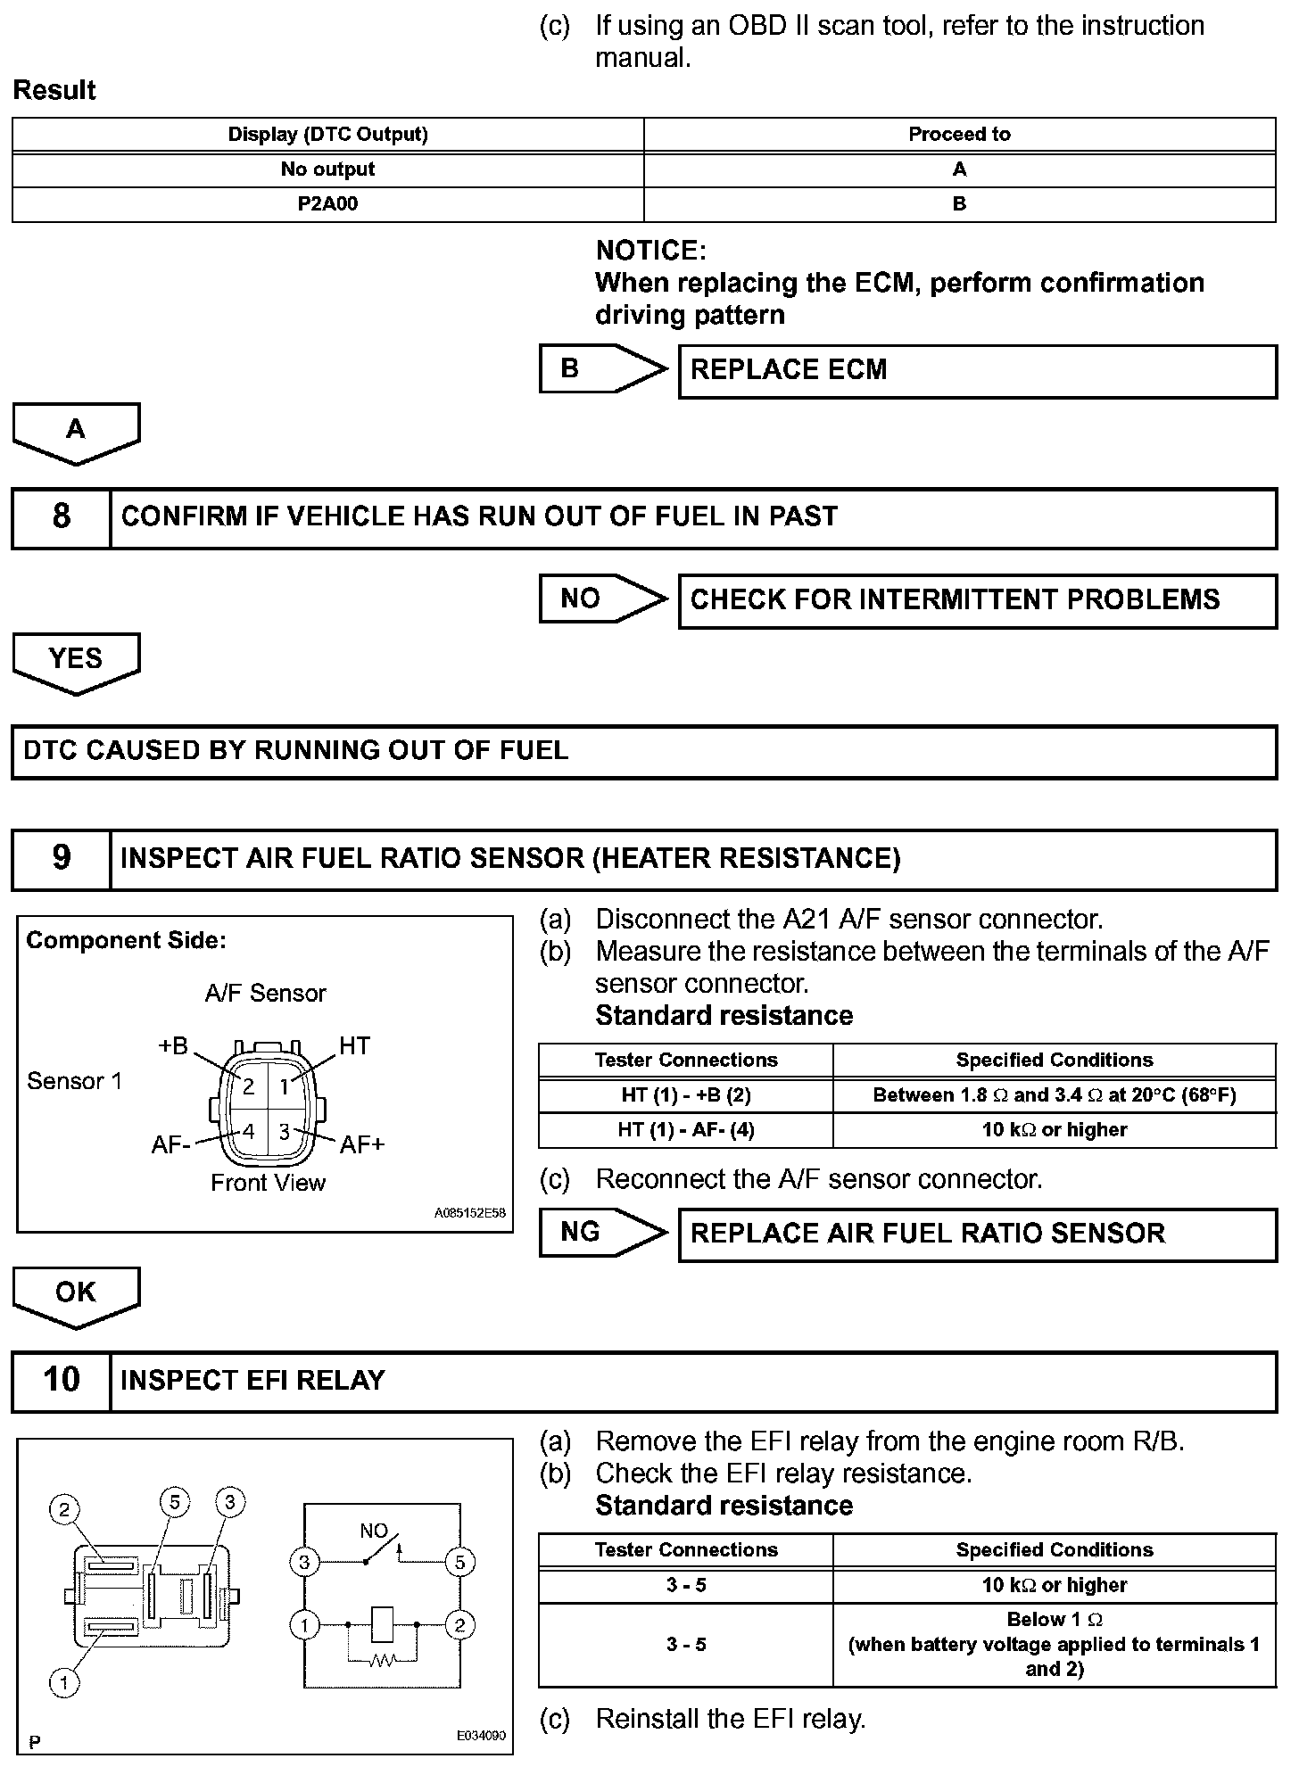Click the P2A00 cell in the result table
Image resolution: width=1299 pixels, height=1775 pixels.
coord(327,204)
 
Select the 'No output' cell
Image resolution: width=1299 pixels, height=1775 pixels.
coord(327,169)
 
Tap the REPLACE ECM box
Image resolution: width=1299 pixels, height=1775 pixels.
coord(977,370)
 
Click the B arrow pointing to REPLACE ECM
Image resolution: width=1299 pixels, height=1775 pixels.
coord(602,368)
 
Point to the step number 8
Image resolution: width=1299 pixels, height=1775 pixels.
coord(61,516)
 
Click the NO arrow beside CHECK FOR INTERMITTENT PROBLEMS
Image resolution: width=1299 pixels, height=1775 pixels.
coord(602,599)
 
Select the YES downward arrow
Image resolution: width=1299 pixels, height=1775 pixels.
coord(76,661)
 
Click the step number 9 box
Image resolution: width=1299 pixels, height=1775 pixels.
coord(61,858)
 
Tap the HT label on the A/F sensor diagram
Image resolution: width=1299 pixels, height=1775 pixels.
coord(354,1045)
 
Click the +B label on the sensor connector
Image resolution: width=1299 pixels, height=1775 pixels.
coord(173,1045)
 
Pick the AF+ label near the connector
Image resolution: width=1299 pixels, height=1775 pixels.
coord(361,1144)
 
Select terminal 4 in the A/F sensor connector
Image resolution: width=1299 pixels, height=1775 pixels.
coord(249,1131)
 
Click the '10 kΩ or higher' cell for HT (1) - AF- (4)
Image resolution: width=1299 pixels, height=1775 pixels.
coord(1054,1130)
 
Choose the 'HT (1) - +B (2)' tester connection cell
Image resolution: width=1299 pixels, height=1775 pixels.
coord(685,1095)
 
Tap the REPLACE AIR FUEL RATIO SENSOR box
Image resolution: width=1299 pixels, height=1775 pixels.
coord(977,1234)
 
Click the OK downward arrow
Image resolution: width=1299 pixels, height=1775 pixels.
coord(76,1294)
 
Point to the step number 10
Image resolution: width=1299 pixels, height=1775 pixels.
coord(61,1380)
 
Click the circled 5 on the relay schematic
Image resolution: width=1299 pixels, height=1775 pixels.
coord(459,1562)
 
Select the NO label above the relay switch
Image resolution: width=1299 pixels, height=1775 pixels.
coord(373,1531)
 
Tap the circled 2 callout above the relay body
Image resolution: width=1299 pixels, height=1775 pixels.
coord(64,1509)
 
